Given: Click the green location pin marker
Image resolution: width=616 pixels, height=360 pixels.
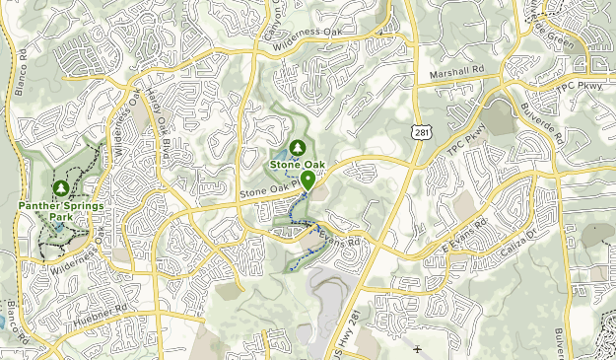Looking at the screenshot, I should [x=308, y=180].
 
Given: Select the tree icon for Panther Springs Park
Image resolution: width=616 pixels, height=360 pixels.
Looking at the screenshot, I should [x=60, y=187].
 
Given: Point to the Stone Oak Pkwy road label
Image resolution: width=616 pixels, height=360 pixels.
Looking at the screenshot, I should [x=269, y=194].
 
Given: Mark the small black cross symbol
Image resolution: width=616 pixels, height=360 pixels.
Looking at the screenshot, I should [x=418, y=349].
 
